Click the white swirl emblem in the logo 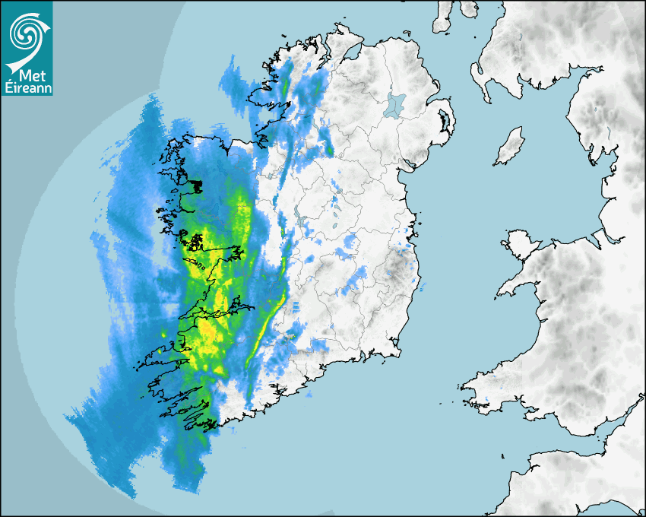25,30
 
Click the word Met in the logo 30,75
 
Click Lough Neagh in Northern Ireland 395,104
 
